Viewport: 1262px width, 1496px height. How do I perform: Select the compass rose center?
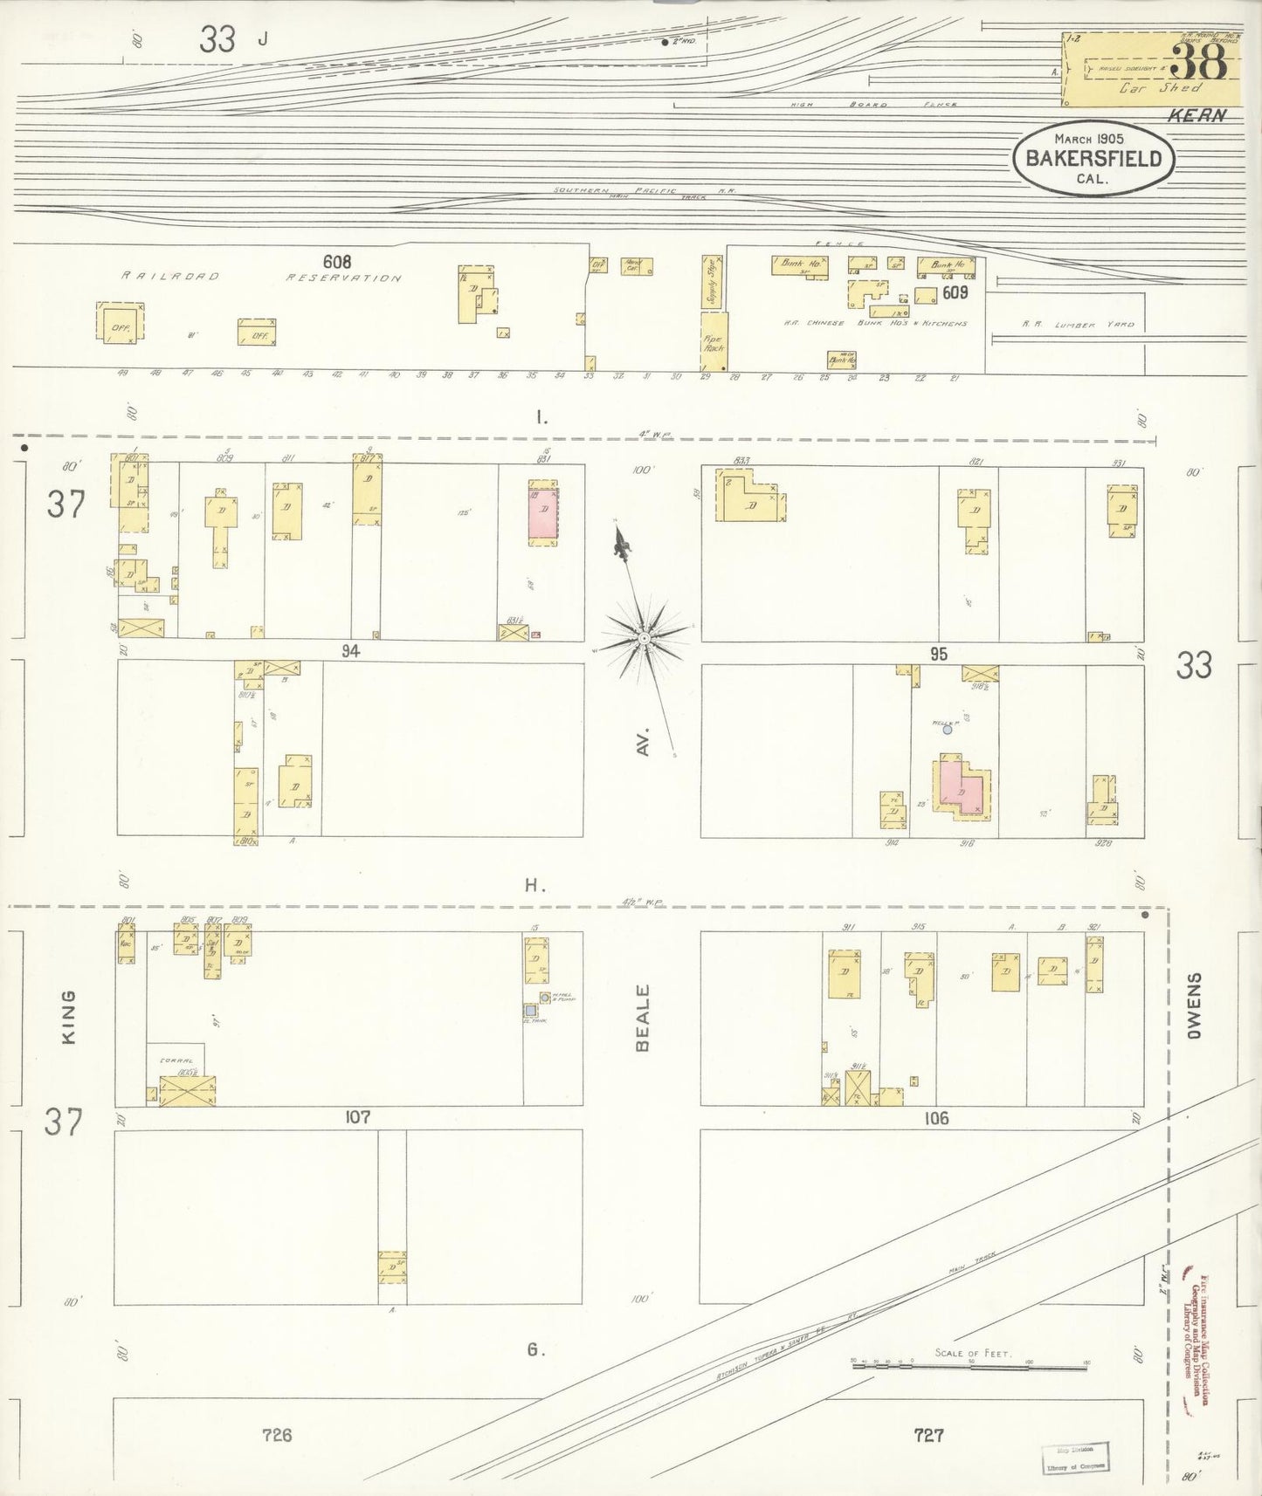pyautogui.click(x=644, y=638)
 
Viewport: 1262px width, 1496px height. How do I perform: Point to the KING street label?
pyautogui.click(x=69, y=1016)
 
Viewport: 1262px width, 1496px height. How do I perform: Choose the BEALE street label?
pyautogui.click(x=644, y=1017)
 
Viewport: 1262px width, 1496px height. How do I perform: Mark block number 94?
pyautogui.click(x=350, y=651)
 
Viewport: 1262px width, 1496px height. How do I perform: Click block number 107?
pyautogui.click(x=358, y=1117)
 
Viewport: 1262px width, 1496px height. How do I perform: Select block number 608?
pyautogui.click(x=336, y=262)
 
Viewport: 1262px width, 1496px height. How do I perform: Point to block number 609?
pyautogui.click(x=955, y=293)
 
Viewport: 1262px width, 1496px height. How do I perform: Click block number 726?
pyautogui.click(x=277, y=1434)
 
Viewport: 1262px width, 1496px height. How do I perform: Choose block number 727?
pyautogui.click(x=928, y=1434)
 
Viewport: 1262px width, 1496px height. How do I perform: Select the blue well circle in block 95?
pyautogui.click(x=947, y=730)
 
